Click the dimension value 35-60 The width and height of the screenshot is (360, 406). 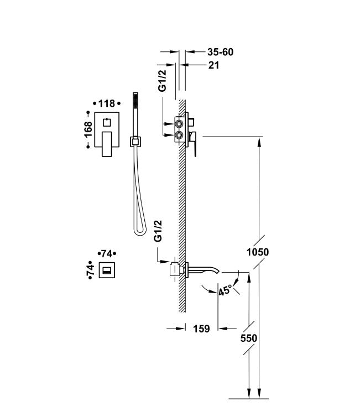pyautogui.click(x=220, y=52)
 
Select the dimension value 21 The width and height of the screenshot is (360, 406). pyautogui.click(x=214, y=65)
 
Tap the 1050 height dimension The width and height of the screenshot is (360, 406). pyautogui.click(x=258, y=252)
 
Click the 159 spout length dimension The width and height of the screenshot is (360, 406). pyautogui.click(x=201, y=329)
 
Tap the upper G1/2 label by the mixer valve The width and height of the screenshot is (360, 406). pyautogui.click(x=162, y=81)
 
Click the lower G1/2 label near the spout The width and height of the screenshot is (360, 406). pyautogui.click(x=158, y=231)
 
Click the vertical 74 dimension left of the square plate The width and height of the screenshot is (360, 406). pyautogui.click(x=90, y=270)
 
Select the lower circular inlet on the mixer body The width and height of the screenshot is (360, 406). pyautogui.click(x=179, y=134)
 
